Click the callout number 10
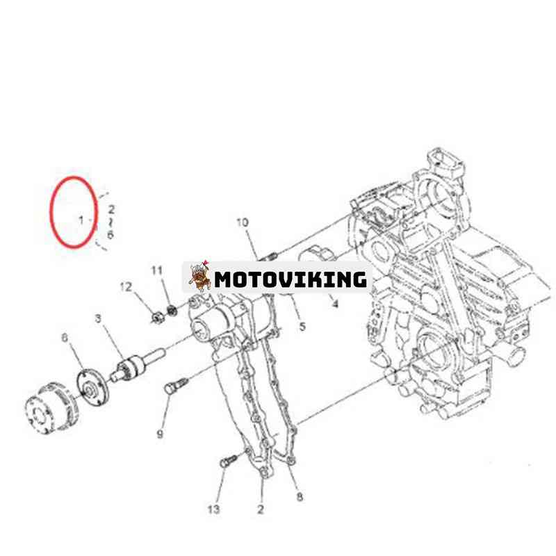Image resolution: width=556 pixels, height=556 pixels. (x=243, y=222)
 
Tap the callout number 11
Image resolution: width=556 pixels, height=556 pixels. (x=157, y=270)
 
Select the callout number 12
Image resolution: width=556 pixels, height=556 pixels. (x=126, y=287)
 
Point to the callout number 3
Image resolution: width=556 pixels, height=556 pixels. (x=98, y=319)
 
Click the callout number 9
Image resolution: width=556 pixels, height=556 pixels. (x=160, y=434)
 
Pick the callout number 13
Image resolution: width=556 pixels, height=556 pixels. (x=213, y=509)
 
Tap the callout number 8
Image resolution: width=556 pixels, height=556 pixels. (x=300, y=497)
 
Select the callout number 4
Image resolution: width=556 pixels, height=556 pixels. (x=335, y=304)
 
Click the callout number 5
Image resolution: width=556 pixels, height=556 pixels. (x=302, y=327)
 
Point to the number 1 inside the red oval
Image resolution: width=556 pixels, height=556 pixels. (x=81, y=220)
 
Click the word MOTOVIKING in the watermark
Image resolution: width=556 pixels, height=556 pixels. (x=291, y=279)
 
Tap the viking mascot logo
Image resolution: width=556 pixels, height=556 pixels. (x=199, y=276)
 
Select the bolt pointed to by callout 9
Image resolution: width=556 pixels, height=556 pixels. (x=177, y=385)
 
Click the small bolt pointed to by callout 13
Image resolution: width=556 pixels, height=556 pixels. (x=229, y=461)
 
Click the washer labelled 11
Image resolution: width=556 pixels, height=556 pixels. (x=172, y=310)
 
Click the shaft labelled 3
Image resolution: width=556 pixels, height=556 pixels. (x=137, y=365)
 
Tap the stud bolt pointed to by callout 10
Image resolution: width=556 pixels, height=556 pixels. (x=268, y=257)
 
